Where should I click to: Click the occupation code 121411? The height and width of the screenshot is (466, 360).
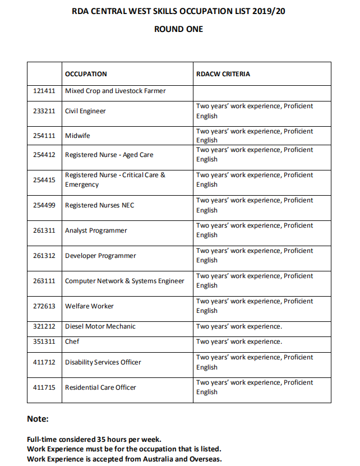click(x=45, y=91)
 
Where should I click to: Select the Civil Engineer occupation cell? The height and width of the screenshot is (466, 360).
click(x=85, y=111)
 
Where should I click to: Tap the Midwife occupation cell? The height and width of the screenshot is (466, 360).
click(x=77, y=136)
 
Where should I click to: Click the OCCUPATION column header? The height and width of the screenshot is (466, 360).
click(x=86, y=74)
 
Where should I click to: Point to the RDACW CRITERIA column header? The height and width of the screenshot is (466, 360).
click(x=223, y=74)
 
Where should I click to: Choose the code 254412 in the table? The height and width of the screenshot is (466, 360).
click(x=45, y=155)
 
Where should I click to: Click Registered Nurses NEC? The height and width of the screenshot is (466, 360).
click(x=100, y=205)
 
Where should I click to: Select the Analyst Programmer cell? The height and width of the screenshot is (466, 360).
click(x=96, y=230)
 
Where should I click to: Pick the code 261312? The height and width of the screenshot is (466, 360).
click(x=45, y=256)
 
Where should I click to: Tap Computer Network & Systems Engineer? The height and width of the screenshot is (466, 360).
click(x=124, y=281)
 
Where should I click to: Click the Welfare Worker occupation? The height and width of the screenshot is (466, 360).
click(x=89, y=306)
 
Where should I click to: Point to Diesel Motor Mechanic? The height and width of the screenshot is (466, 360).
click(x=100, y=326)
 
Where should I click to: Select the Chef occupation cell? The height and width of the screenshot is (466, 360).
click(x=72, y=342)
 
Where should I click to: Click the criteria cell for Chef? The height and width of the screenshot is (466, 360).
click(x=239, y=342)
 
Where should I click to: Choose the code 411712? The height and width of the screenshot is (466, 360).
click(x=45, y=362)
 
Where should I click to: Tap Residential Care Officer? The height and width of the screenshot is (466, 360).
click(x=100, y=387)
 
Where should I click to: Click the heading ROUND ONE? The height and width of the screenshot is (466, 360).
click(x=178, y=29)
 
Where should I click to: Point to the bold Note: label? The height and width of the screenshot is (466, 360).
click(x=38, y=419)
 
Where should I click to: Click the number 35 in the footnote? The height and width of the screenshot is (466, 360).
click(x=99, y=439)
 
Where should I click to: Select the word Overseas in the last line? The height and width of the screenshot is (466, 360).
click(x=205, y=459)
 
